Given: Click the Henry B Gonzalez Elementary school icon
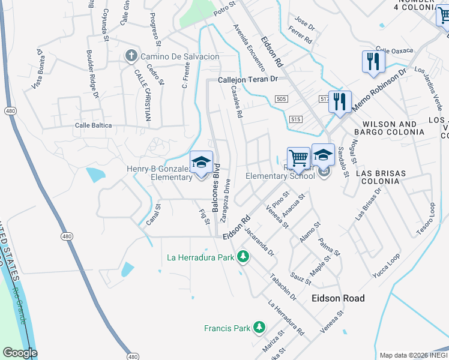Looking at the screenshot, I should click(x=202, y=163).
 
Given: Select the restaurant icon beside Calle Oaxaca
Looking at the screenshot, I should click(x=373, y=62).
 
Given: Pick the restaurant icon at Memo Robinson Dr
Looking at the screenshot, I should click(x=340, y=101).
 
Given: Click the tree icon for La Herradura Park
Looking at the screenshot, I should click(x=243, y=257).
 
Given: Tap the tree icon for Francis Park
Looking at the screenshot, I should click(x=259, y=328).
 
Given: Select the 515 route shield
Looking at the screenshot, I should click(x=294, y=120).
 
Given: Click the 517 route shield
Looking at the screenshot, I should click(x=325, y=98).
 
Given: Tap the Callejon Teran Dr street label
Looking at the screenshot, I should click(x=248, y=79).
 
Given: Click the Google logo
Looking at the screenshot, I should click(x=19, y=353).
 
